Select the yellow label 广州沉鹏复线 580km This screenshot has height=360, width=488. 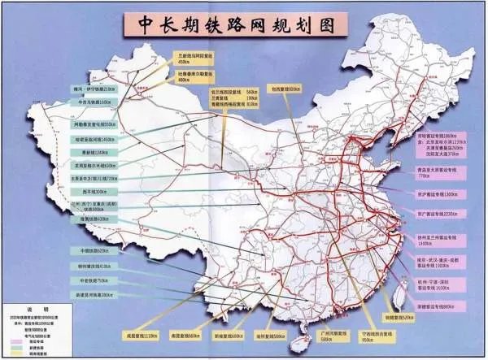coord(312,335)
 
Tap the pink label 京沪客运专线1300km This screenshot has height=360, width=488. coord(439,193)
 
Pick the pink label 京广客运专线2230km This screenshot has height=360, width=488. coord(439,215)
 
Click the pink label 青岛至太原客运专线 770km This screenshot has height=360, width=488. coord(439,173)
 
